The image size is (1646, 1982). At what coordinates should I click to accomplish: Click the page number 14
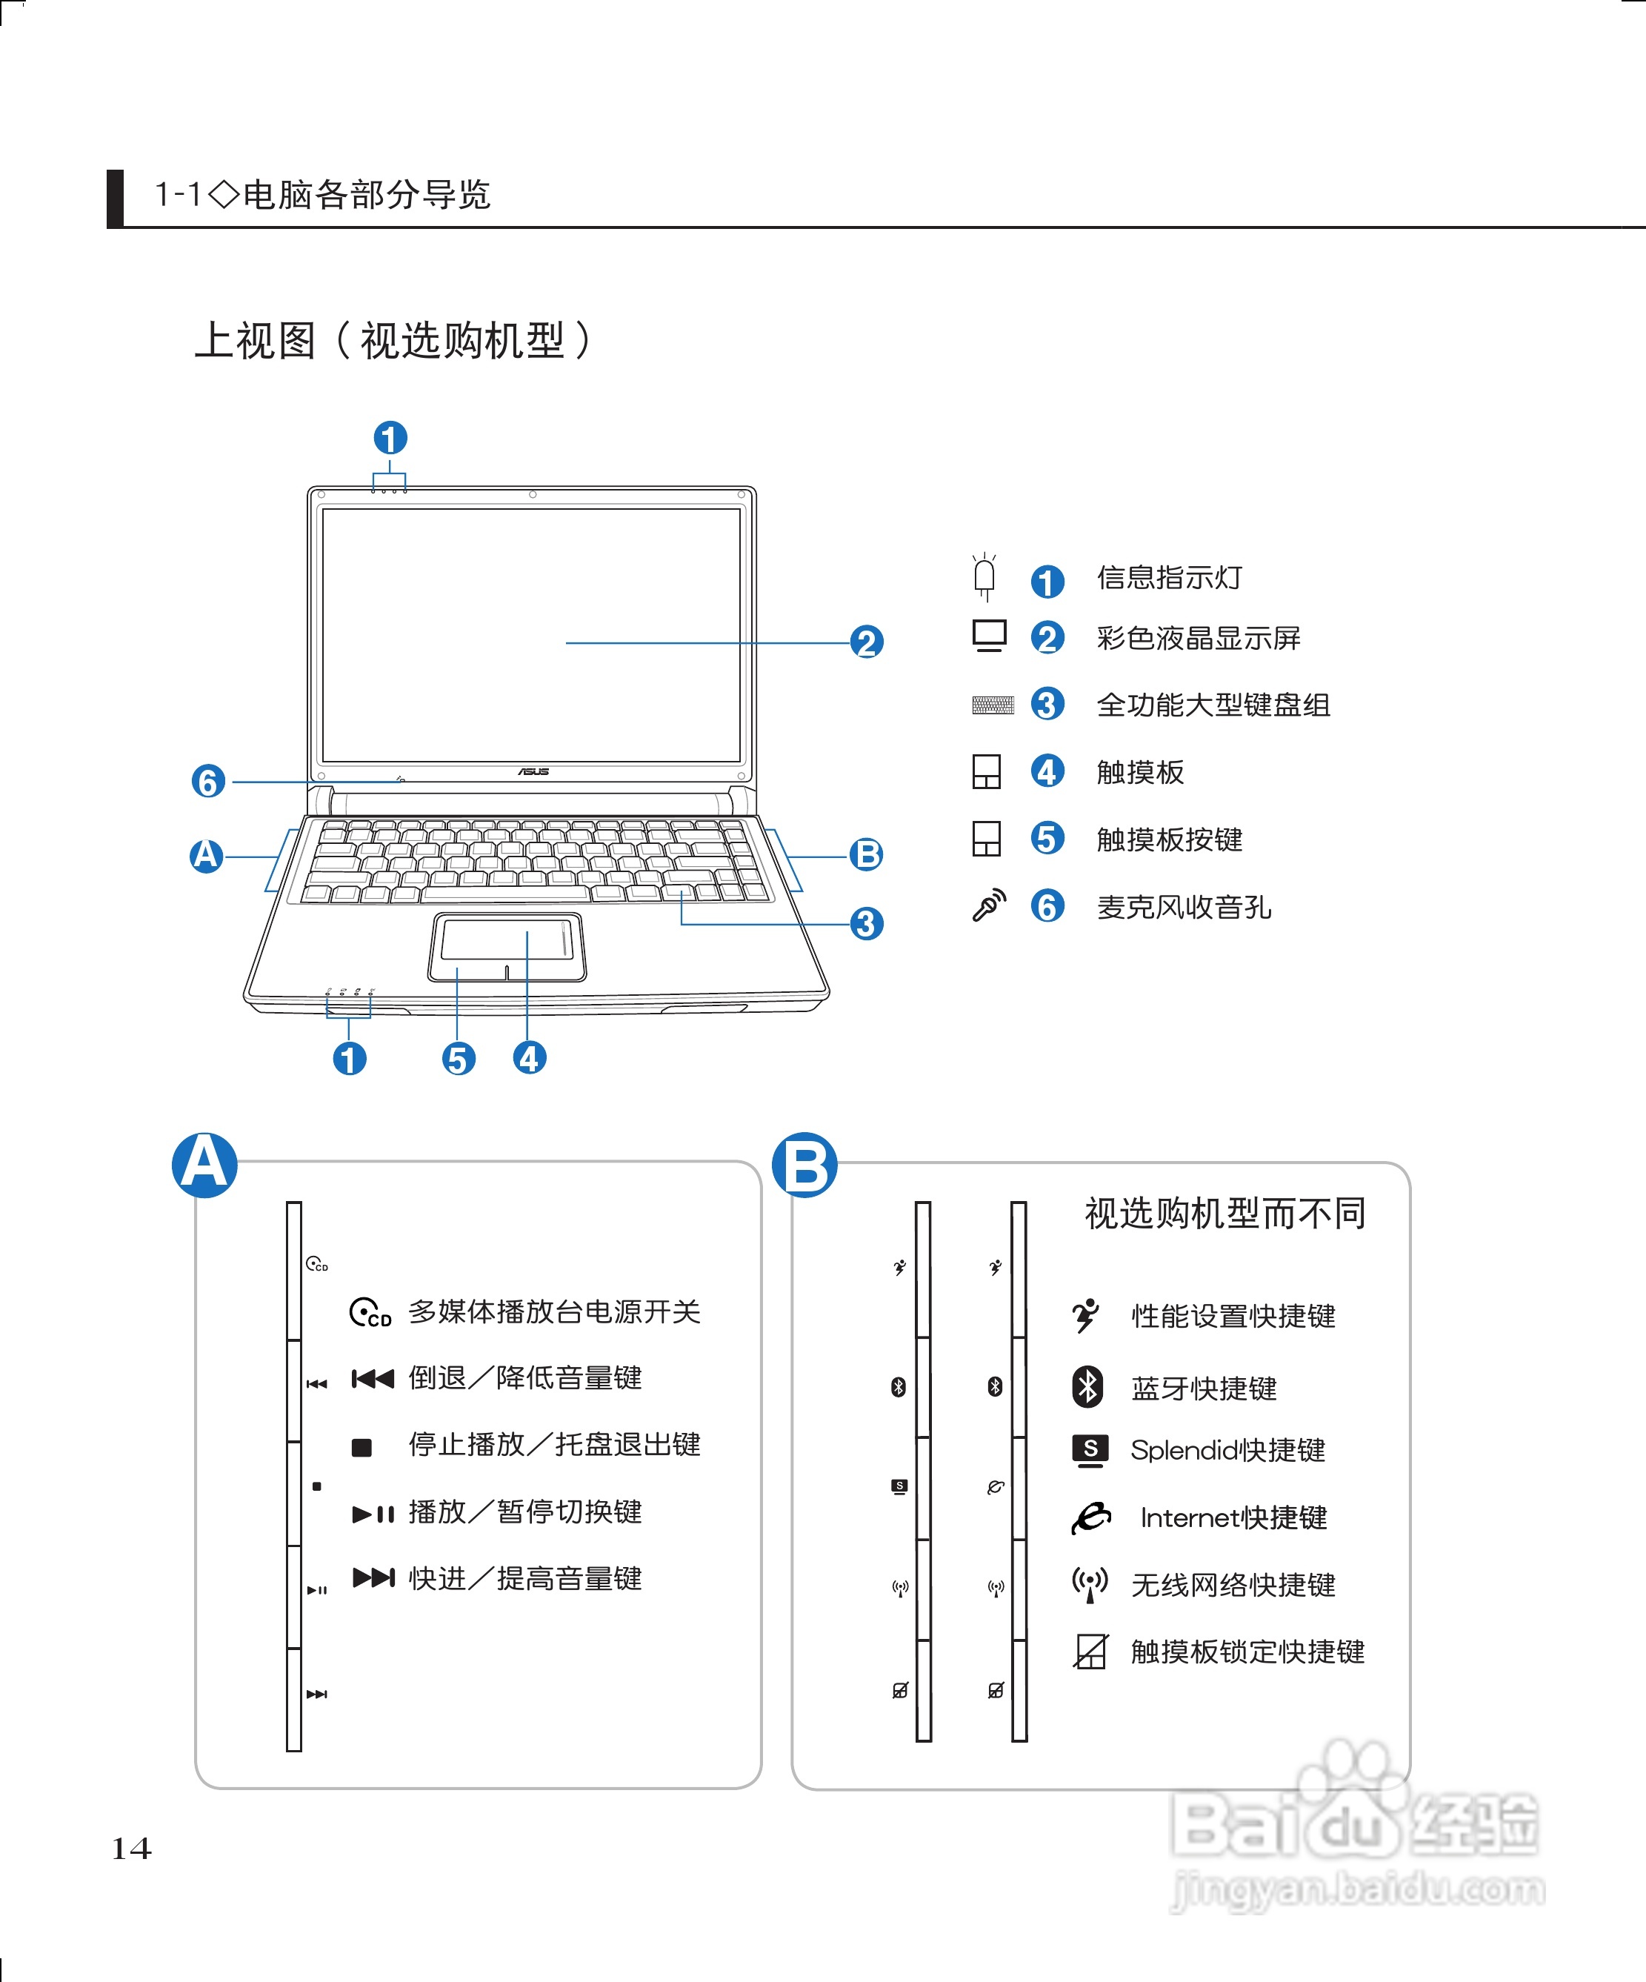[x=131, y=1847]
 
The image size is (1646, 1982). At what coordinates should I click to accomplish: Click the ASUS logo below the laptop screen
[x=533, y=771]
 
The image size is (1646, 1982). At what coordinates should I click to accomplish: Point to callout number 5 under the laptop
[x=459, y=1058]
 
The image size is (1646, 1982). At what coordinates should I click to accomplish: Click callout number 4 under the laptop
[x=530, y=1057]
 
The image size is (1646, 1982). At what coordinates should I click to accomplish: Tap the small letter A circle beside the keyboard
[x=207, y=856]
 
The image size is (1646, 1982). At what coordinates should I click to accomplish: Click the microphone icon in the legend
[x=989, y=905]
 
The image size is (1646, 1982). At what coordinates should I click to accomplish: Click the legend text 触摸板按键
[x=1170, y=839]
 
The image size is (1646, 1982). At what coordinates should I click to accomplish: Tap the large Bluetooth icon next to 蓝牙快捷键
[x=1088, y=1386]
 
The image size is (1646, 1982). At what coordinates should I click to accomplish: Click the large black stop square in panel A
[x=361, y=1447]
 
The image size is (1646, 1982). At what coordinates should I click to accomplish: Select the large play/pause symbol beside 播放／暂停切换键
[x=373, y=1514]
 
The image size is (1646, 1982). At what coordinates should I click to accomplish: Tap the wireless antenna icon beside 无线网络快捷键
[x=1089, y=1583]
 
